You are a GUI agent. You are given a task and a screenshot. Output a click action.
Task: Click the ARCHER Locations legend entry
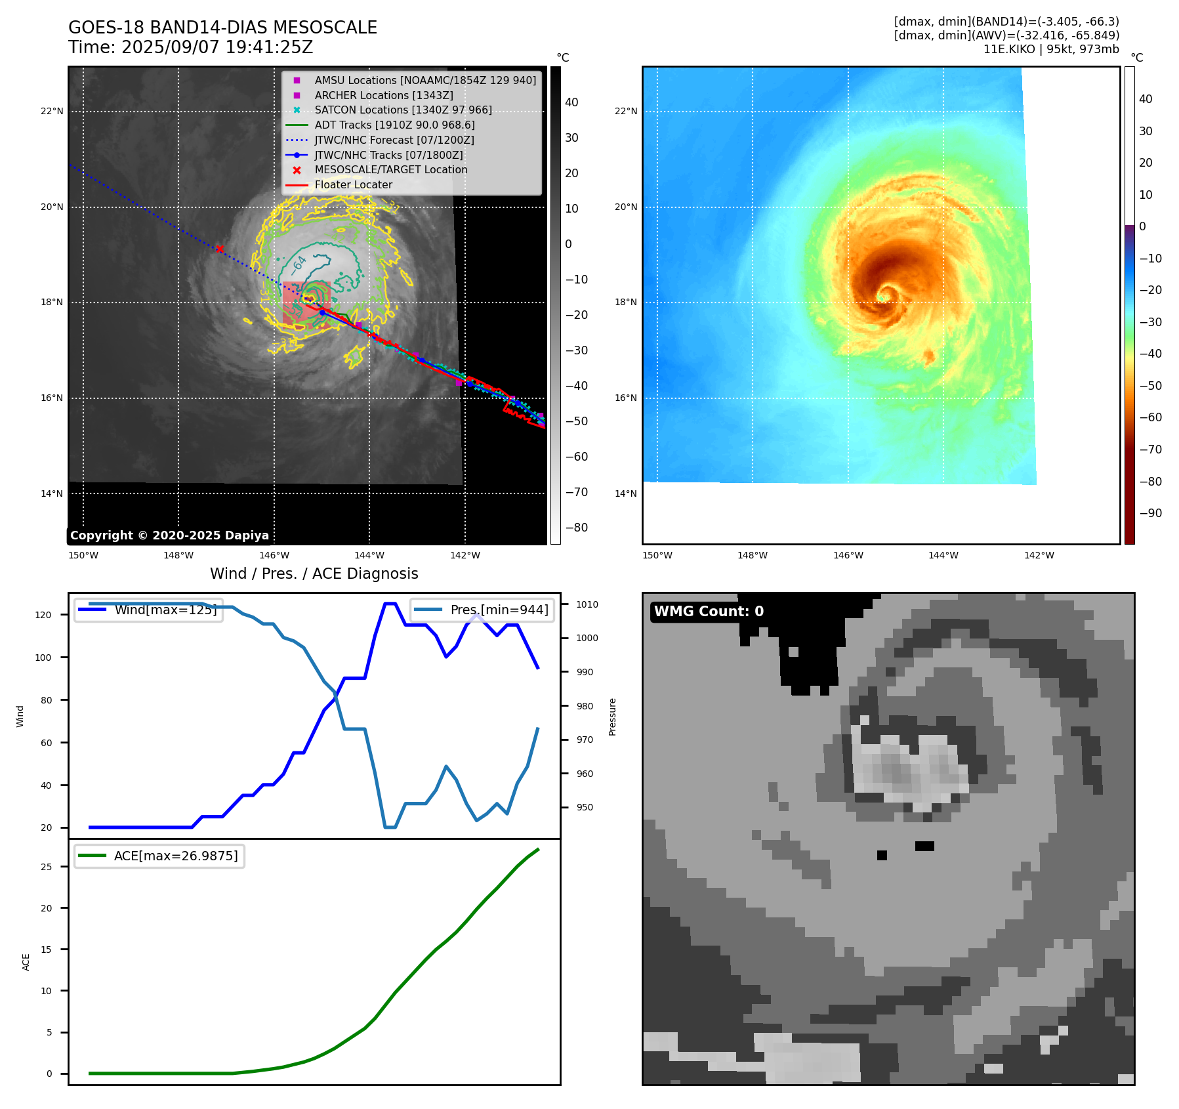coord(383,95)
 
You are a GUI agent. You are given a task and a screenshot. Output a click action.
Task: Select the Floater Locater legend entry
coord(353,185)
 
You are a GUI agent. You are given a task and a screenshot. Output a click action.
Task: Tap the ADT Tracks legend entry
coord(394,125)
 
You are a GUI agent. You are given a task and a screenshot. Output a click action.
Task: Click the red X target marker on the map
coord(220,249)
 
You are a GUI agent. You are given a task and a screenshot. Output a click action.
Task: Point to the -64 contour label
coord(299,264)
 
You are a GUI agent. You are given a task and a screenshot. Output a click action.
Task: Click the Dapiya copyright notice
coord(169,535)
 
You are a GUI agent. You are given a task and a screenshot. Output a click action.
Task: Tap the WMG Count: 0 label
coord(709,612)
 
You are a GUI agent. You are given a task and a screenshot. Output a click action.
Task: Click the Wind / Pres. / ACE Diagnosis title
coord(314,574)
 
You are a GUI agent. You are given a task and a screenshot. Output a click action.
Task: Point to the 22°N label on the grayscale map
coord(52,111)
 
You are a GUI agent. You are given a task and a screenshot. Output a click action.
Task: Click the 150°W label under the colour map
coord(657,555)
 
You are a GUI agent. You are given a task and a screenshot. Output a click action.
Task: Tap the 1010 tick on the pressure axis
coord(587,604)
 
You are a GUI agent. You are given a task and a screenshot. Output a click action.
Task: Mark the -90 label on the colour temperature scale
coord(1150,513)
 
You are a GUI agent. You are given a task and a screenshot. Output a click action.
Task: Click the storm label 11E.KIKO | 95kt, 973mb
coord(1051,49)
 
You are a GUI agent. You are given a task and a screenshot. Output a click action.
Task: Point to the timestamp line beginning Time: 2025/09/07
coord(190,47)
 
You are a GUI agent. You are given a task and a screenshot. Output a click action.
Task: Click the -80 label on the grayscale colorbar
coord(577,528)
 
